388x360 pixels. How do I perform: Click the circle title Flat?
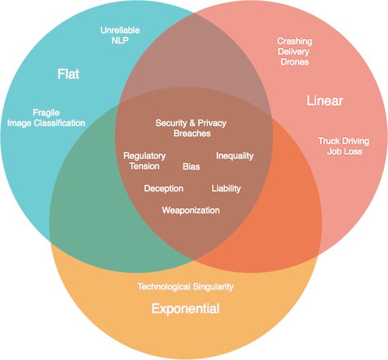point(68,74)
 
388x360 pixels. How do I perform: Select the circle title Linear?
point(325,102)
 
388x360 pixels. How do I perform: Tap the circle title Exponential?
point(185,309)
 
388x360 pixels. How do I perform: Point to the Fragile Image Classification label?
point(46,117)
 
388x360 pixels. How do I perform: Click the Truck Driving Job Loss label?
point(344,146)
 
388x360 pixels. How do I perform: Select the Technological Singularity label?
point(185,286)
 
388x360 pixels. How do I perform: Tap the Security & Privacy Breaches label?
point(191,128)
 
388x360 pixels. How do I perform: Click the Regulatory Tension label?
point(145,161)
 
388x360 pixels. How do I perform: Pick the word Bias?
point(192,166)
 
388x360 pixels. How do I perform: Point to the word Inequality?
point(235,156)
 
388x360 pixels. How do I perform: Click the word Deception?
point(164,188)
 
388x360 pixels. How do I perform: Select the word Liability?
point(226,188)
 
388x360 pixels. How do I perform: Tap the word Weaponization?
point(191,210)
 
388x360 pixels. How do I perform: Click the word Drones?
point(295,62)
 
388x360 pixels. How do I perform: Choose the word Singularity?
point(211,286)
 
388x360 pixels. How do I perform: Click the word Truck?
point(329,141)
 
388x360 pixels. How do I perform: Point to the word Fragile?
point(46,112)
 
